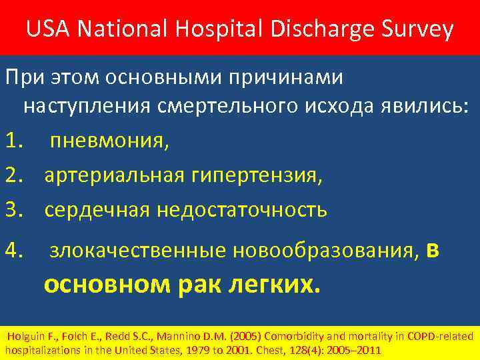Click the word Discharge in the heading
point(319,29)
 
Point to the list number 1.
point(13,141)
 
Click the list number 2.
point(13,175)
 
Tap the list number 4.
point(13,251)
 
